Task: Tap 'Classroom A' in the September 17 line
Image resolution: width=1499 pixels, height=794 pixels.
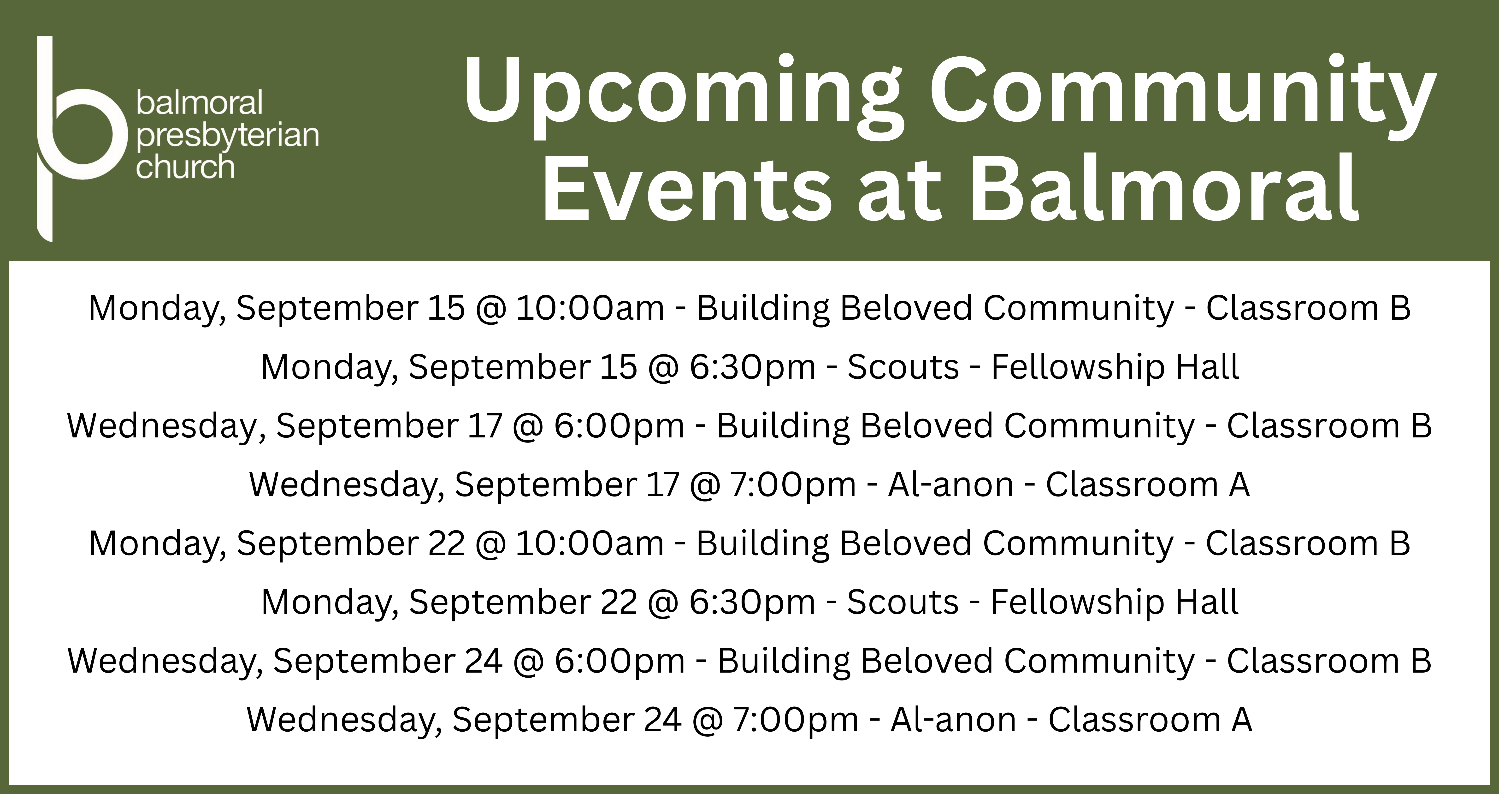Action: pyautogui.click(x=1148, y=484)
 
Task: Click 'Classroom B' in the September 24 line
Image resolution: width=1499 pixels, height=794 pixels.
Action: pyautogui.click(x=1329, y=661)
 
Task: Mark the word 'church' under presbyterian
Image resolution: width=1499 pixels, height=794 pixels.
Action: pyautogui.click(x=185, y=167)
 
